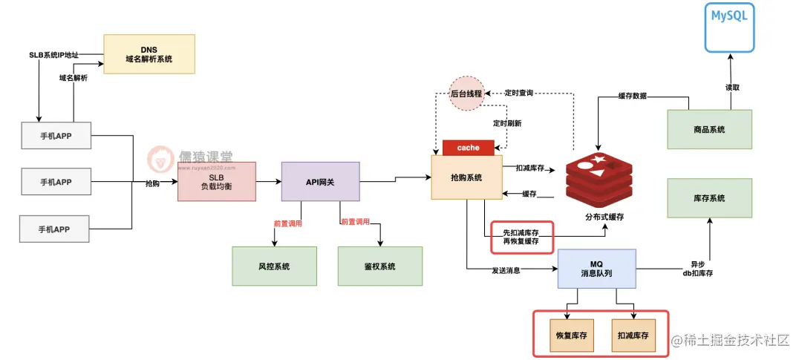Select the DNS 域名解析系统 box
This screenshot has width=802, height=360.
pos(149,53)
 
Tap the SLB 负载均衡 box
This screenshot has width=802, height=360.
pos(217,181)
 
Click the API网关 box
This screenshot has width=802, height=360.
pos(320,181)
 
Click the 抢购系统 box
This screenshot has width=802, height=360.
pos(467,177)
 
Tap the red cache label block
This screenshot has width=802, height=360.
pos(468,148)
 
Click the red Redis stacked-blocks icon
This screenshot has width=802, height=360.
pos(598,179)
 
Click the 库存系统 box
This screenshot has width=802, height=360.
pos(708,198)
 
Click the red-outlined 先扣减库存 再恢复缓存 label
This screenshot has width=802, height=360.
pos(521,237)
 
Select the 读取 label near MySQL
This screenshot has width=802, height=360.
pos(732,87)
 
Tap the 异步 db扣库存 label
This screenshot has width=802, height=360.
pos(697,269)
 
